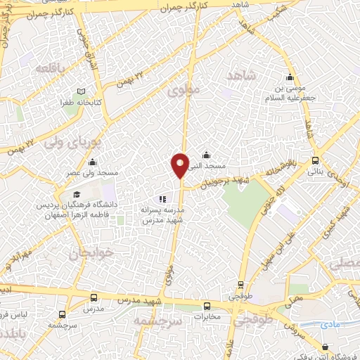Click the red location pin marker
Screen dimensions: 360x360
[180, 165]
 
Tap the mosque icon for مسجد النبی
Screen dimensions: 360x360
[206, 155]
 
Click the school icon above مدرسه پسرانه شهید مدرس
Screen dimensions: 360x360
[162, 200]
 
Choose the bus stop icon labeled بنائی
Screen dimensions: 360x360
[316, 160]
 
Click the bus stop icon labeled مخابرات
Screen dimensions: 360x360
[207, 306]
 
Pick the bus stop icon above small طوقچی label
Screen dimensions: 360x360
[241, 285]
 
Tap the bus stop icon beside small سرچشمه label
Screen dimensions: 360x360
[63, 315]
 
